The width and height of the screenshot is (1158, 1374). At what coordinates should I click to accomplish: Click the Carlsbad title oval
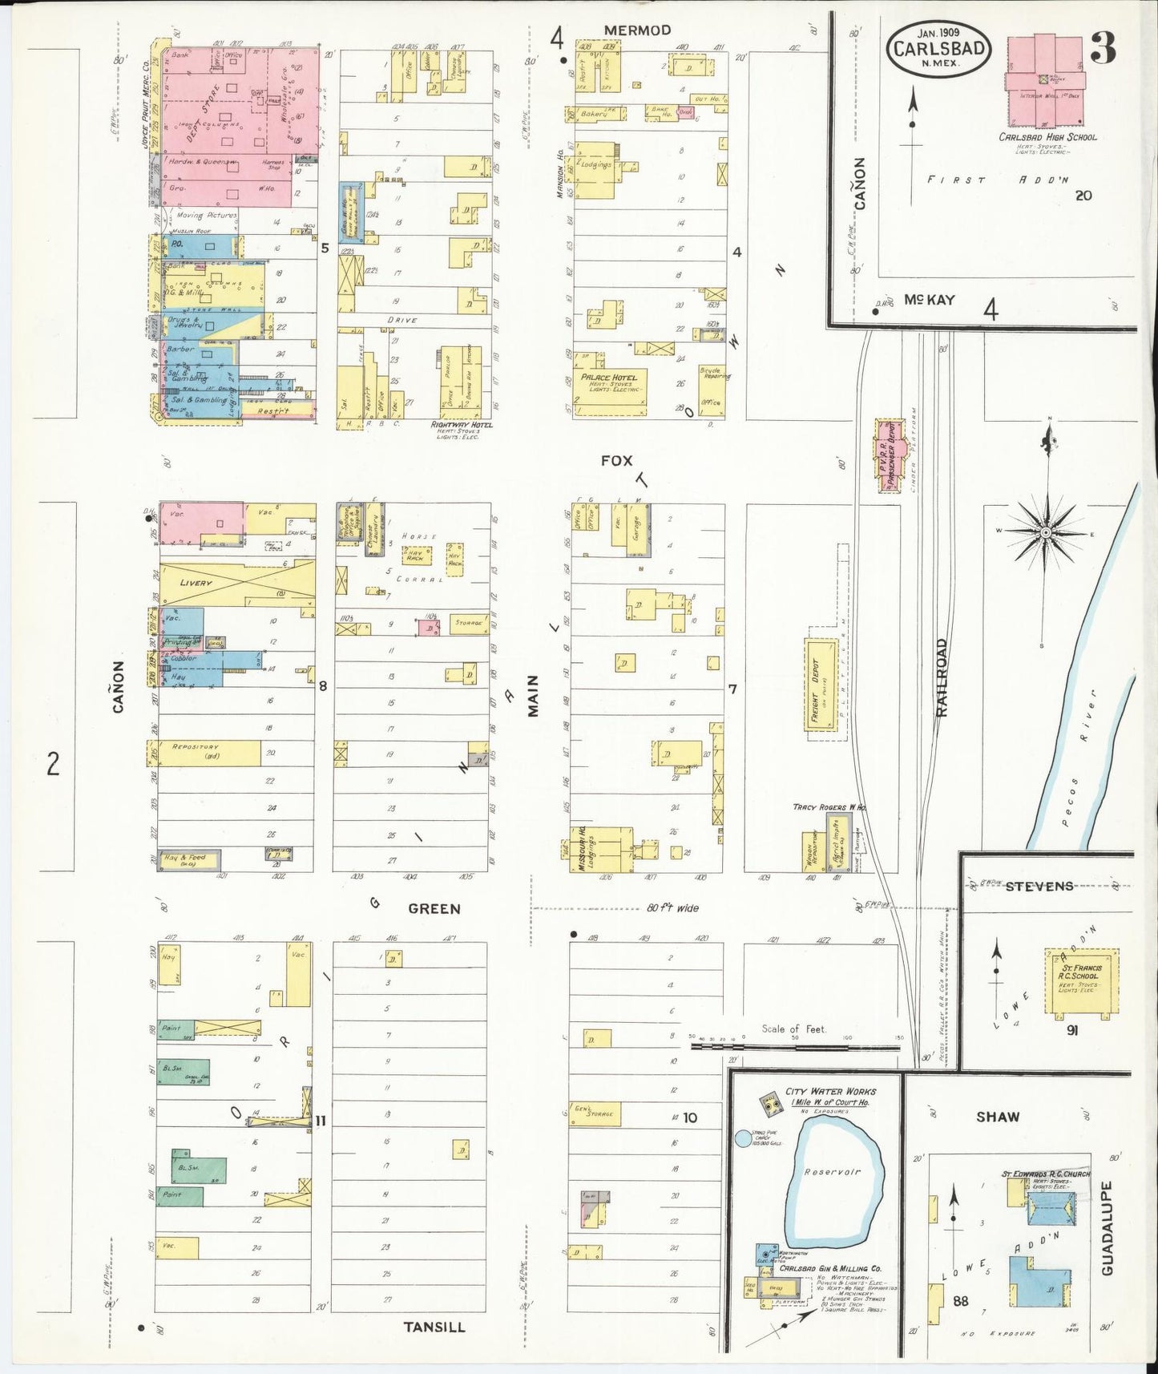(x=939, y=49)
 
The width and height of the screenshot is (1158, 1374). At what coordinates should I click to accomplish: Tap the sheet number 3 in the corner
(x=1103, y=51)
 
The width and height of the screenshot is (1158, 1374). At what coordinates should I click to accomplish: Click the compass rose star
(x=1046, y=532)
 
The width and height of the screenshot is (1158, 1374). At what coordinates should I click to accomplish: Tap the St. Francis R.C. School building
(x=1081, y=982)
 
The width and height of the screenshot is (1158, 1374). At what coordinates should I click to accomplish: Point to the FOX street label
(x=616, y=461)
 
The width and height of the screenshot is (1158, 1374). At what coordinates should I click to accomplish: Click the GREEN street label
(x=434, y=909)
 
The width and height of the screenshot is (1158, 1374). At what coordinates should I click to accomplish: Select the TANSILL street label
(x=434, y=1327)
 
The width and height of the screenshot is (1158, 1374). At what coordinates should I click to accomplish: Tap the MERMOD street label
(x=637, y=30)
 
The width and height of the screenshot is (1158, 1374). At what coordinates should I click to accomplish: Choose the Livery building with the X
(x=237, y=582)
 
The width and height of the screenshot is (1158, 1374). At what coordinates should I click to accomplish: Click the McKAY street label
(x=929, y=300)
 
